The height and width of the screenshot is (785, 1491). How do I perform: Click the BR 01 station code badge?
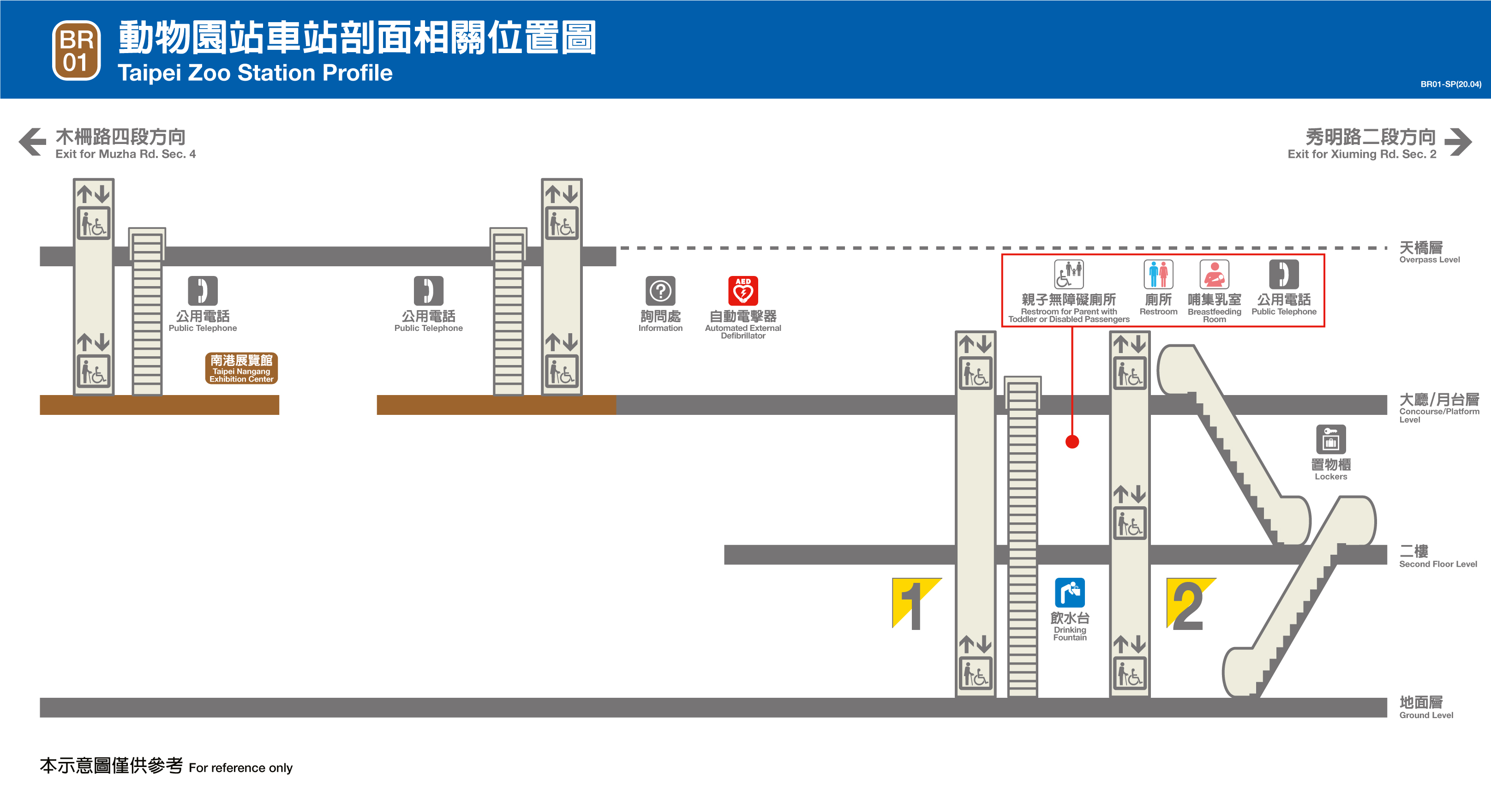coord(77,51)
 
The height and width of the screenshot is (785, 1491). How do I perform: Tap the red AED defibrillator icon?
coord(743,291)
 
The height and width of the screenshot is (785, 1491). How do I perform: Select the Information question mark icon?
coord(660,291)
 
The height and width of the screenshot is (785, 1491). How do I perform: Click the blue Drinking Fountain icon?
coord(1070,593)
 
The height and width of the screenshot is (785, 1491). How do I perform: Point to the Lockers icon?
coord(1331,439)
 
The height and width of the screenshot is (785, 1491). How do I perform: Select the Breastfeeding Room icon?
coord(1214,275)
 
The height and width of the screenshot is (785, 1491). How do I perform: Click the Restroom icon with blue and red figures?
coord(1158,275)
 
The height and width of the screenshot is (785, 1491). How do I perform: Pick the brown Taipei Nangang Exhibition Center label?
coord(241,368)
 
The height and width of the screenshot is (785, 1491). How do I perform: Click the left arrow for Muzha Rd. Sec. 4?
coord(32,142)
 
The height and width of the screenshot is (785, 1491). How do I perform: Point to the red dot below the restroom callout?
coord(1072,442)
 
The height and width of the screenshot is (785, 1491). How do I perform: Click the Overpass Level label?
coord(1429,252)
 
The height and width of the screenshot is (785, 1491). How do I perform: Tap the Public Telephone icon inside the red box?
coord(1283,275)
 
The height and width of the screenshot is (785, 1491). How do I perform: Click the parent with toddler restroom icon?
coord(1068,275)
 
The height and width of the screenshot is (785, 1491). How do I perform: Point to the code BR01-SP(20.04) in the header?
coord(1450,84)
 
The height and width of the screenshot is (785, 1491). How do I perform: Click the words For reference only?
coord(240,767)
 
